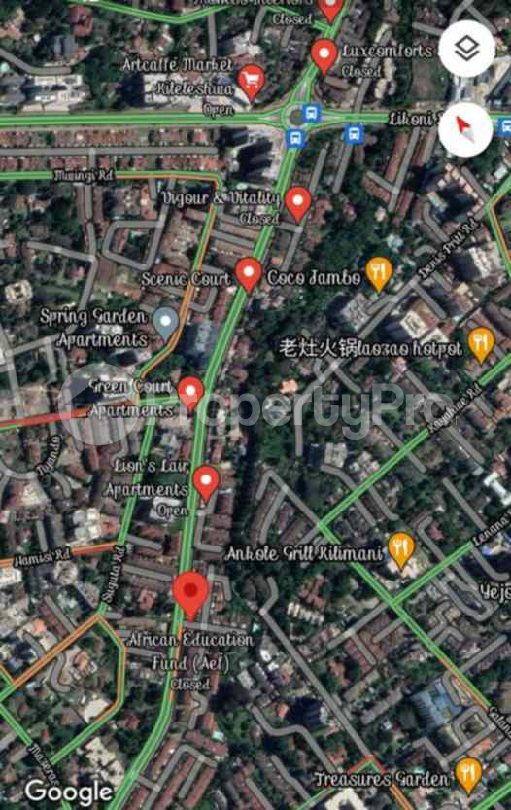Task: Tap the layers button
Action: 466,50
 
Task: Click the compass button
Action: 466,127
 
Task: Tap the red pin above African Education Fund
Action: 190,594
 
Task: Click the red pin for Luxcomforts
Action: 324,55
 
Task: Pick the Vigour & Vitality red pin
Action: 297,202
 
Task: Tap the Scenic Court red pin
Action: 249,274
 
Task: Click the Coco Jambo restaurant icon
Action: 378,273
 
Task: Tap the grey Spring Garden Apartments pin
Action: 167,321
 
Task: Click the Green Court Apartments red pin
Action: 190,392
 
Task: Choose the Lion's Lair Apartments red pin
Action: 206,481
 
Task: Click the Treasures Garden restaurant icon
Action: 468,773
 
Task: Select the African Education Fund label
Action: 190,648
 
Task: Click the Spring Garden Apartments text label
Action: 94,328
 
